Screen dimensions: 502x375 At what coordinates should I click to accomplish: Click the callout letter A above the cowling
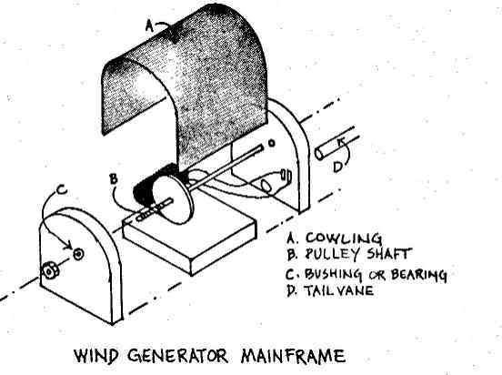(x=149, y=25)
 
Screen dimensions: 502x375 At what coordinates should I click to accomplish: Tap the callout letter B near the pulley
(x=114, y=178)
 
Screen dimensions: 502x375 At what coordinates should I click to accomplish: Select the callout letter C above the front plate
(x=62, y=190)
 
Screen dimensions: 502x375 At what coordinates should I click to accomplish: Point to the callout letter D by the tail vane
(x=338, y=167)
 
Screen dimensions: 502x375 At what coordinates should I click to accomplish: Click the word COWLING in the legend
(x=344, y=238)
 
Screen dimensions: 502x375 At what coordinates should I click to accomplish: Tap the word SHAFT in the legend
(x=388, y=254)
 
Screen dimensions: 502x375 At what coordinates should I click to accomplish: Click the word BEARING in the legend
(x=418, y=275)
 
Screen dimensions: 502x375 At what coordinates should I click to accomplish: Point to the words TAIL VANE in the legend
(x=338, y=290)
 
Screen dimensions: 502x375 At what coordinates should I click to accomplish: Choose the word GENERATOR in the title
(x=177, y=356)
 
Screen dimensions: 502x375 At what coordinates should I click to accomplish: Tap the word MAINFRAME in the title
(x=293, y=356)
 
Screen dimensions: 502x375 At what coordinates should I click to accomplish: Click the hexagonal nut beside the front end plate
(x=50, y=271)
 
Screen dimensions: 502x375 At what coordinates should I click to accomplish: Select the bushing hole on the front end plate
(x=78, y=254)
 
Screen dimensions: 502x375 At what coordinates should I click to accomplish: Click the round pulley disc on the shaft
(x=171, y=199)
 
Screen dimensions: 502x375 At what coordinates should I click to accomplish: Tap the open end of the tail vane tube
(x=319, y=153)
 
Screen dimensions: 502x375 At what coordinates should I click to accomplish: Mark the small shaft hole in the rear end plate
(x=272, y=143)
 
